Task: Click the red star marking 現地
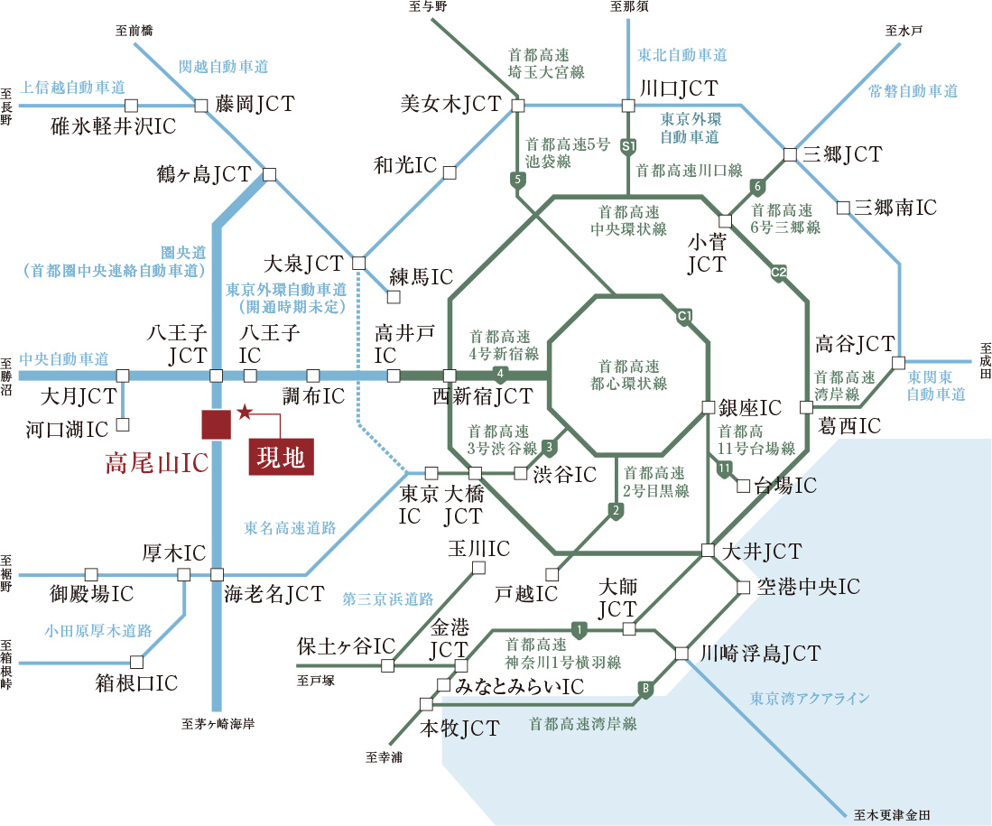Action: (x=244, y=413)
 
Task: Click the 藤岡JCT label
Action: (x=255, y=104)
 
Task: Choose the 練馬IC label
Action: (x=421, y=276)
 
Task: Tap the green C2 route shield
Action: (x=778, y=272)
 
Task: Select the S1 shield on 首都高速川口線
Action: (x=629, y=144)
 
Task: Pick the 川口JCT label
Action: (x=677, y=88)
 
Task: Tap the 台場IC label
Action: (x=784, y=486)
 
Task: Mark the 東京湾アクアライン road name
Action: (x=810, y=698)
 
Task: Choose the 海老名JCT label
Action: (x=273, y=593)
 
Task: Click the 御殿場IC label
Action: (x=92, y=594)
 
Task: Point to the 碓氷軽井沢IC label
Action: (x=114, y=125)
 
